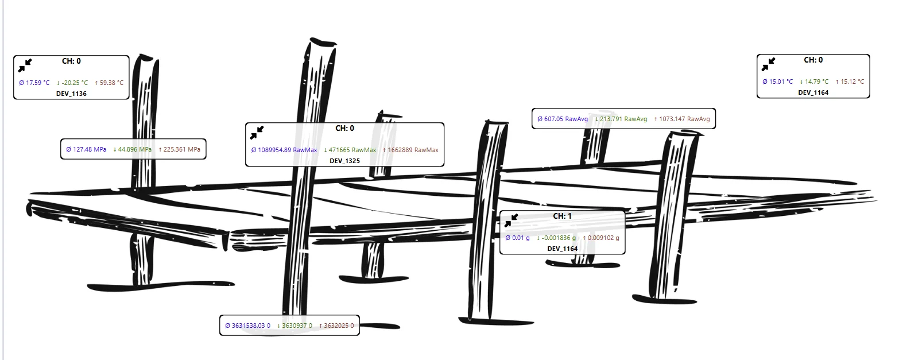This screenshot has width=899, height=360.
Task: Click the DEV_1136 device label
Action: [x=71, y=94]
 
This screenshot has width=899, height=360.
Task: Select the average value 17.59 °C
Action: [x=34, y=83]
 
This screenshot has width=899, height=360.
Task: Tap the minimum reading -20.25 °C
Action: [x=72, y=83]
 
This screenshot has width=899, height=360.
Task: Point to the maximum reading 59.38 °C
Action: [x=109, y=83]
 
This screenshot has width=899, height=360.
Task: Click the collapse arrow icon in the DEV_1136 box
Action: [x=25, y=65]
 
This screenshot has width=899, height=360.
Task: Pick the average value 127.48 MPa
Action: [x=86, y=149]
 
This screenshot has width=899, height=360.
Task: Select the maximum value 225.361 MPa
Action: [x=180, y=149]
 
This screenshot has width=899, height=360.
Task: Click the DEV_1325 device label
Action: [x=344, y=161]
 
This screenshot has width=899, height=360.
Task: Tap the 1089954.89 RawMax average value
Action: [x=284, y=150]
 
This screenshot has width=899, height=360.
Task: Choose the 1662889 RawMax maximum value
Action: [x=410, y=150]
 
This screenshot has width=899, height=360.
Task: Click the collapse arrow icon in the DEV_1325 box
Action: [x=257, y=133]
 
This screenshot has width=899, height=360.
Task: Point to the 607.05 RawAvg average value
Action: [x=563, y=119]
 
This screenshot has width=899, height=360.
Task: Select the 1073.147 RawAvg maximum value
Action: [x=681, y=119]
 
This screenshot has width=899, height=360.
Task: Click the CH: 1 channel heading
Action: [x=562, y=216]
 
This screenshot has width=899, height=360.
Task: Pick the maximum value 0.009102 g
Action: [x=601, y=238]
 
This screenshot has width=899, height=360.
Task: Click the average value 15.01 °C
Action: [x=778, y=82]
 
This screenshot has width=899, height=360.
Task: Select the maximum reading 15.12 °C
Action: [x=850, y=82]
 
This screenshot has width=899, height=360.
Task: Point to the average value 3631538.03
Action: [x=247, y=326]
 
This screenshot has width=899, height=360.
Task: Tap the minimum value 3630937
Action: [x=294, y=326]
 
